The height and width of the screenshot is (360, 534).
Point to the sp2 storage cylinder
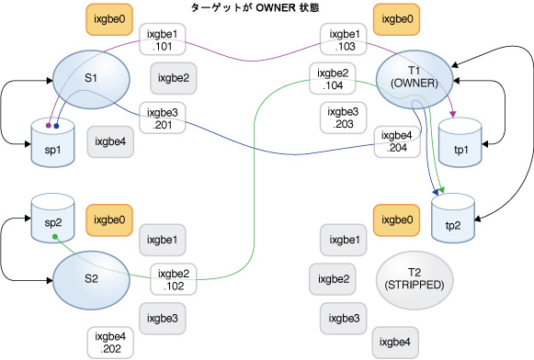(52, 218)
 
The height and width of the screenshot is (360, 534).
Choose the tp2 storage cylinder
(453, 219)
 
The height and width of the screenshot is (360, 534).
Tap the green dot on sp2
(54, 237)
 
